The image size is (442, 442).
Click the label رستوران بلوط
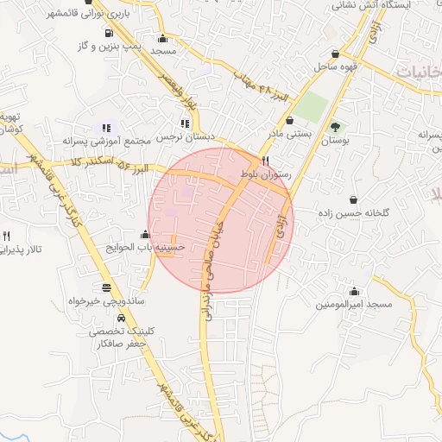[268, 174]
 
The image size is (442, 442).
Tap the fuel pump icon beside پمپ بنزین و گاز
[107, 35]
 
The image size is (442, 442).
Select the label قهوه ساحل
[330, 66]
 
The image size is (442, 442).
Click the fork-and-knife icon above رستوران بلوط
[266, 161]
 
